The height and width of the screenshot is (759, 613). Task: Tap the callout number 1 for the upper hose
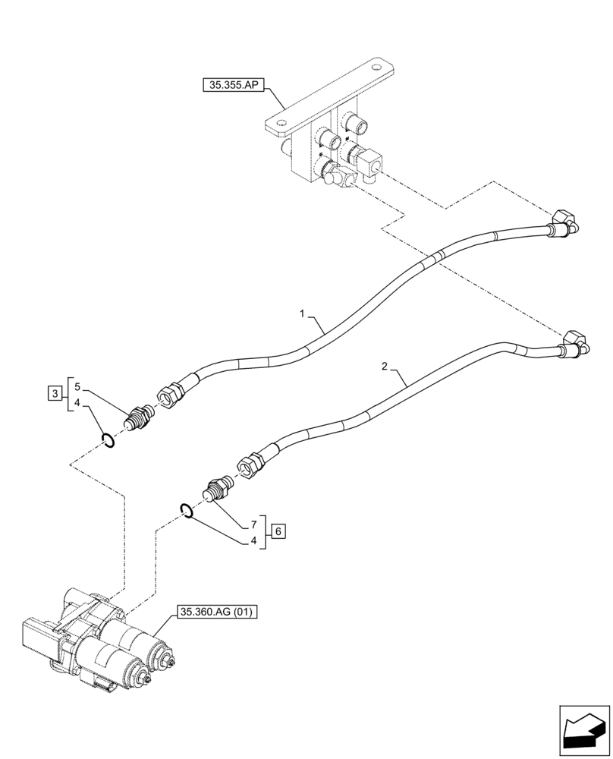(x=301, y=313)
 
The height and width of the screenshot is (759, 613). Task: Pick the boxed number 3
(x=55, y=393)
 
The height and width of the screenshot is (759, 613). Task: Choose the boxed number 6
(x=278, y=531)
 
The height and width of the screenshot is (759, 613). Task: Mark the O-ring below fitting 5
(x=108, y=440)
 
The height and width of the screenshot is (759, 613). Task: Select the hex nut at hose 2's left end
(x=249, y=463)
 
